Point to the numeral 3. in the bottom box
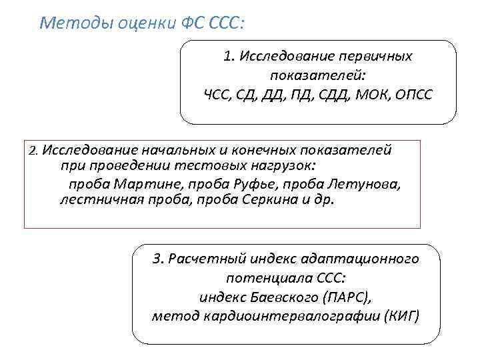point(157,259)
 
